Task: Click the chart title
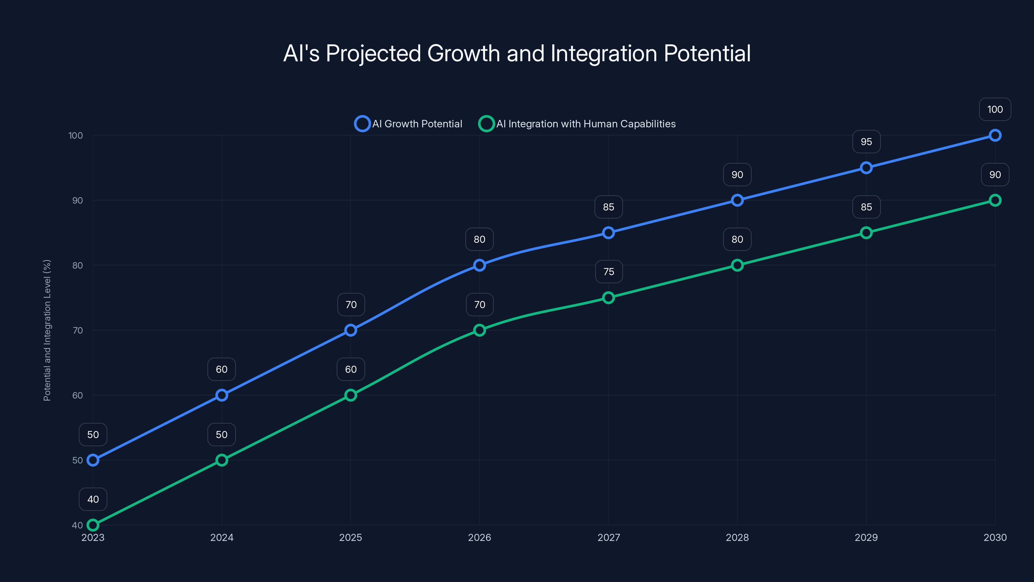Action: click(517, 53)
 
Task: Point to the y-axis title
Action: click(47, 330)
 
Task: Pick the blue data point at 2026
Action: click(479, 265)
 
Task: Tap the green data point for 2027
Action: click(608, 297)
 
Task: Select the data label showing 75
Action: click(608, 272)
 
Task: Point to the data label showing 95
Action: click(866, 142)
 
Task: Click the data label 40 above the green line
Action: click(93, 499)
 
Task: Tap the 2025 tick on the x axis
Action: click(350, 537)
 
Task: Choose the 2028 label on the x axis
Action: click(737, 537)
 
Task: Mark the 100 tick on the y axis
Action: click(76, 135)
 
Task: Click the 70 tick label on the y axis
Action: click(78, 330)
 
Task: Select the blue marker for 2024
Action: click(222, 395)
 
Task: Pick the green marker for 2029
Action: click(866, 232)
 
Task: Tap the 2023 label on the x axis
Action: click(93, 537)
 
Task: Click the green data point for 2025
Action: click(350, 395)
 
